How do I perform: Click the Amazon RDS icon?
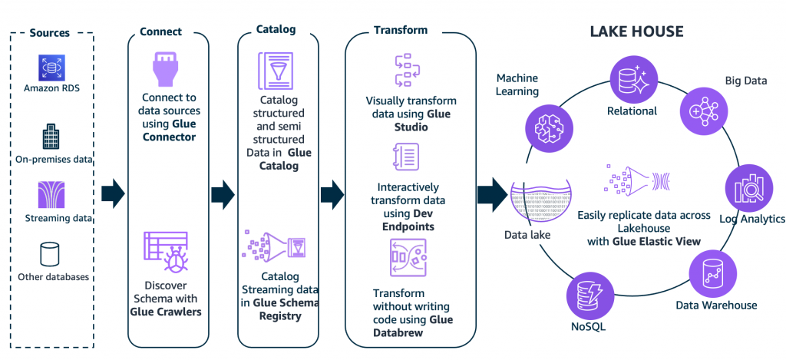point(51,68)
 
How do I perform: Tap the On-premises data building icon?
point(51,137)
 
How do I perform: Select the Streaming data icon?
point(51,197)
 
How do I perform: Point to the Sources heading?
point(50,33)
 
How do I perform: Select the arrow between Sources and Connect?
point(112,193)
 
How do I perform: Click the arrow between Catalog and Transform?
point(332,193)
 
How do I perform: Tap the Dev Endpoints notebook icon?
point(405,157)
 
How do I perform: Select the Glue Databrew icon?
point(408,259)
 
